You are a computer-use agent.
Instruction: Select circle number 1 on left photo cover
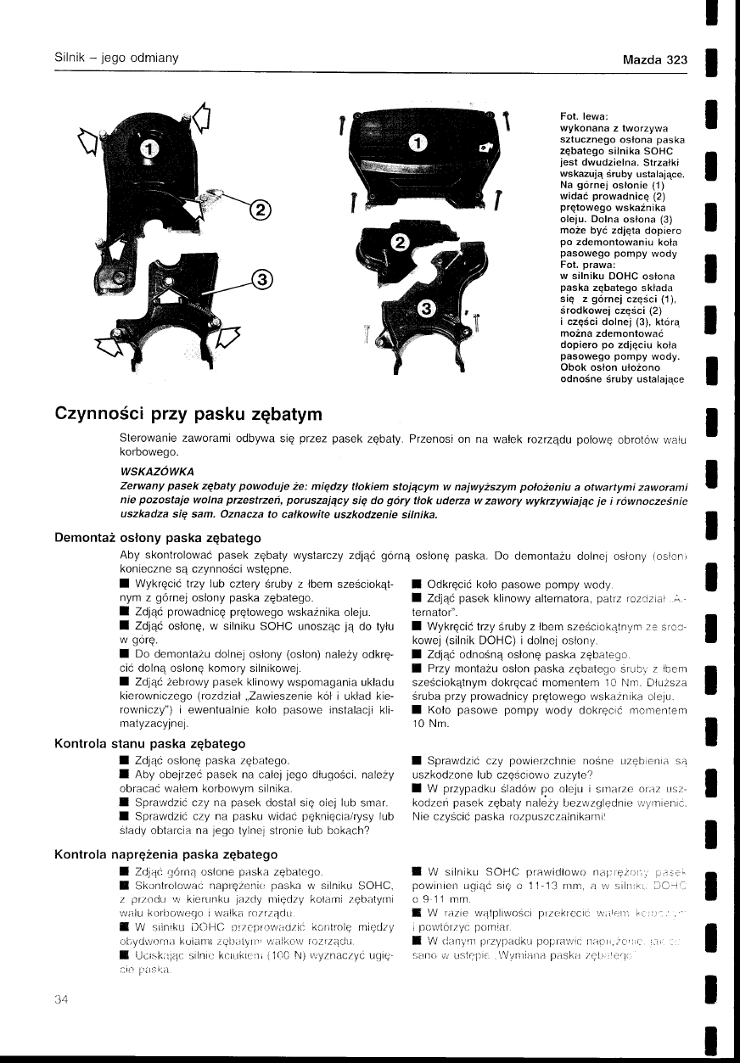click(148, 149)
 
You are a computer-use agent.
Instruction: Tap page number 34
click(62, 999)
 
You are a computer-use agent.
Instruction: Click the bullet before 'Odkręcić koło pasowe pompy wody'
click(416, 584)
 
